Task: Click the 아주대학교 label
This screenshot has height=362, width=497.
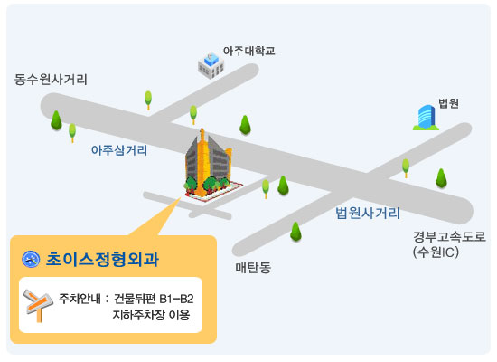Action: [248, 51]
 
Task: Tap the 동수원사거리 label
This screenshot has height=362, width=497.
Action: [51, 80]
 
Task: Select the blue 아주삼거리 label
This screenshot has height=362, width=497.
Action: [119, 150]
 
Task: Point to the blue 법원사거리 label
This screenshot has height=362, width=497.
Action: [368, 213]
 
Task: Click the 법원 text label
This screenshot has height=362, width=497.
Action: [448, 103]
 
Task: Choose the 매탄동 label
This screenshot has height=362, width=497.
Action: [253, 268]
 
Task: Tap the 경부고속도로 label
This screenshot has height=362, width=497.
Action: [449, 237]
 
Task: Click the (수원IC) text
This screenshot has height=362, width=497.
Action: [436, 252]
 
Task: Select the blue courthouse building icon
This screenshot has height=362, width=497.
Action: [426, 118]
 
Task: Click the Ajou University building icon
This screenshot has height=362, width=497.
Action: [211, 65]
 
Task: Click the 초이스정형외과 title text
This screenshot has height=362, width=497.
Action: [102, 259]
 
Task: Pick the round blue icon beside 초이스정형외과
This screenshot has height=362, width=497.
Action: [31, 259]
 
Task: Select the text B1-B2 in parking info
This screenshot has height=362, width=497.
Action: [176, 299]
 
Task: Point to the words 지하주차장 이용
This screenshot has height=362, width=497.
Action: [151, 315]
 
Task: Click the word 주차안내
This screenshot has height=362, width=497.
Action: [80, 299]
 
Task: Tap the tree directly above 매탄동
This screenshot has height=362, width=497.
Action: [295, 232]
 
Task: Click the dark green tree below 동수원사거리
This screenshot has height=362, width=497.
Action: [56, 120]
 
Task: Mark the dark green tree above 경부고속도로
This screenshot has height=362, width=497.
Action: [441, 177]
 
